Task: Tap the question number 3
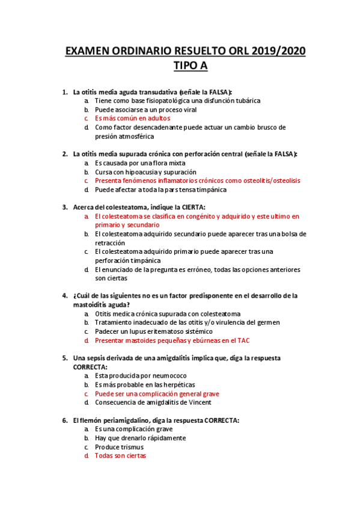pos(65,206)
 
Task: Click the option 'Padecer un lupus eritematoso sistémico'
pos(153,331)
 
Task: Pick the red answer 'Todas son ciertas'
pos(120,455)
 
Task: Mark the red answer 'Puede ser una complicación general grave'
pos(157,393)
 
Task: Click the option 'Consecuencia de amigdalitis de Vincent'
pos(153,402)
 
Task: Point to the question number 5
pos(65,357)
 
